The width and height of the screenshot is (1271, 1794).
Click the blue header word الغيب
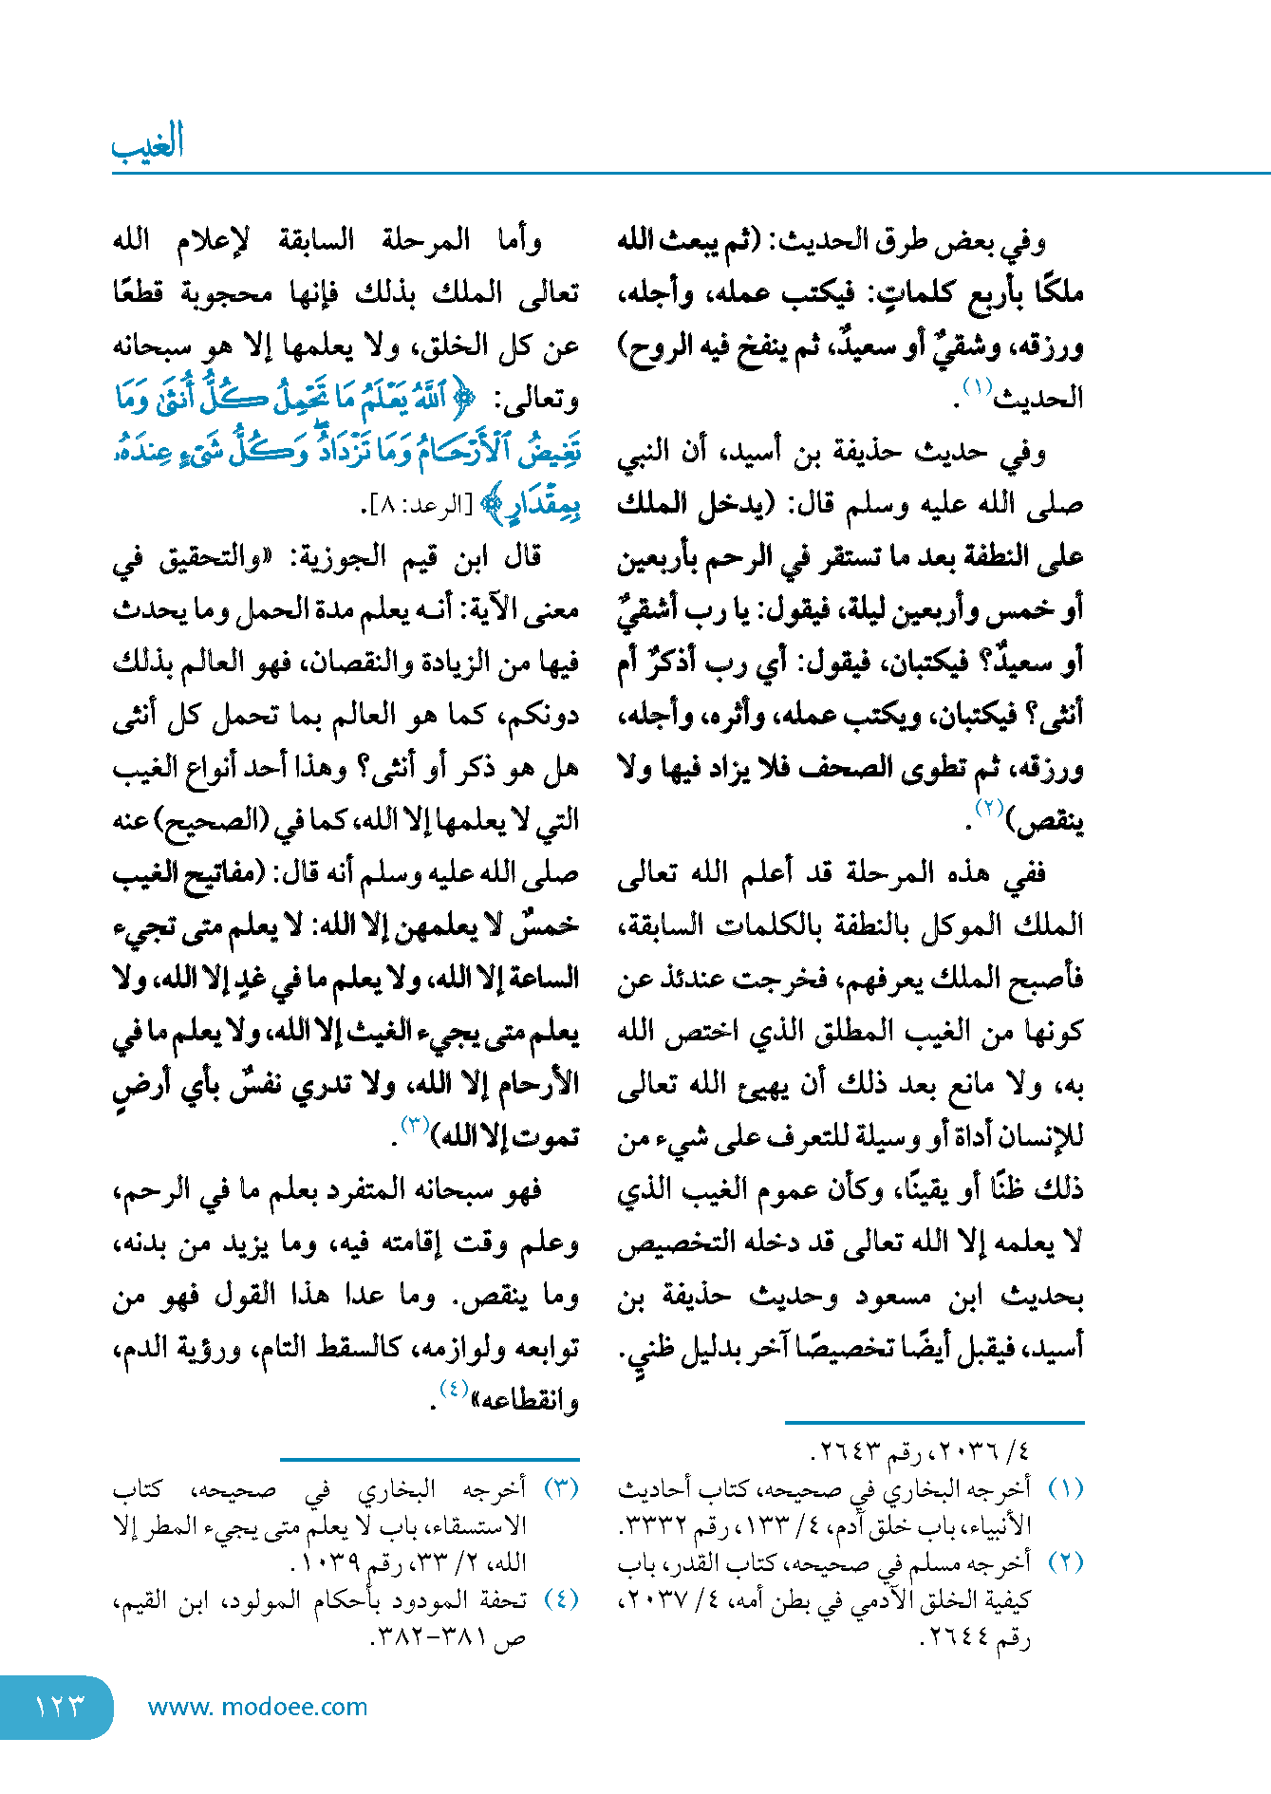point(148,144)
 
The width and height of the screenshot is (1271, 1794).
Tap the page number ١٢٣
point(59,1707)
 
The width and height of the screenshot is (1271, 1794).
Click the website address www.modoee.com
point(257,1707)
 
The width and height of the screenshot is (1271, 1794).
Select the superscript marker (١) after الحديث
point(977,387)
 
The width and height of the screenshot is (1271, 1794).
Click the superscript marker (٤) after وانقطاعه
point(453,1390)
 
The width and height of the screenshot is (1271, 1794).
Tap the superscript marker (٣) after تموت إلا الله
point(415,1126)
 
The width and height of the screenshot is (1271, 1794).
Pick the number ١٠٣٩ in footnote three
point(331,1562)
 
